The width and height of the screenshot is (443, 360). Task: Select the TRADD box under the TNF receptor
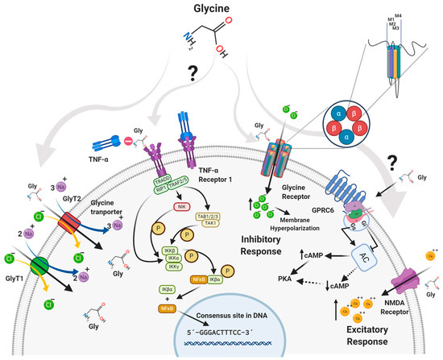pos(163,182)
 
